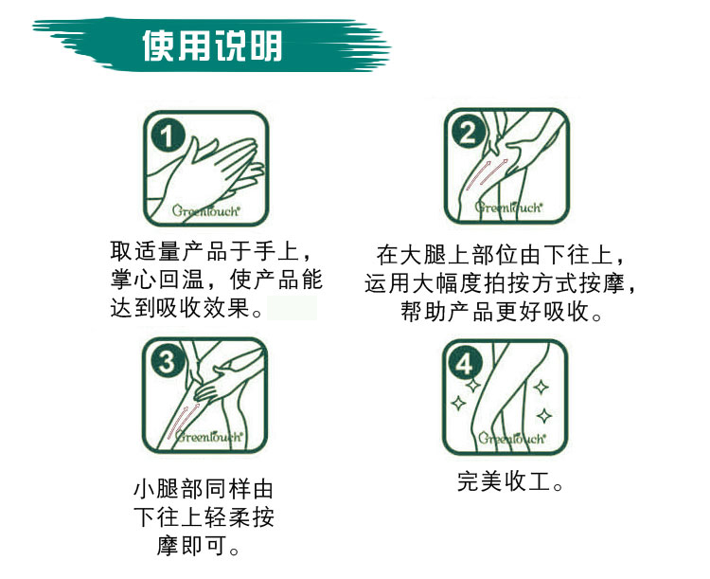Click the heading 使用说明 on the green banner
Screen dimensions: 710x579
pyautogui.click(x=212, y=45)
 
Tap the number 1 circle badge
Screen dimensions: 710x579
pyautogui.click(x=168, y=136)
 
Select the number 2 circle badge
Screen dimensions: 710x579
pyautogui.click(x=469, y=133)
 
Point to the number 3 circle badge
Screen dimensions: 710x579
pyautogui.click(x=167, y=361)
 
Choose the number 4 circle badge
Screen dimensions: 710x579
pyautogui.click(x=466, y=364)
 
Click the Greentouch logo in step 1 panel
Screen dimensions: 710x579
pyautogui.click(x=205, y=210)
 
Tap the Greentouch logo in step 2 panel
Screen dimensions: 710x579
pyautogui.click(x=508, y=208)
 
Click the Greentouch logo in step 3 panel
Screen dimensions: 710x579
pyautogui.click(x=209, y=436)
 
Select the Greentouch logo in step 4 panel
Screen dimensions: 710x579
pyautogui.click(x=511, y=439)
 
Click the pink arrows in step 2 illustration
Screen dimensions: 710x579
pyautogui.click(x=487, y=174)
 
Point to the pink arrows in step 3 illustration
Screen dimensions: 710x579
pyautogui.click(x=183, y=421)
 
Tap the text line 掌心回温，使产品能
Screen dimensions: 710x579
pyautogui.click(x=217, y=280)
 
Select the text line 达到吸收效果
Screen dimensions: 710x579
pyautogui.click(x=186, y=308)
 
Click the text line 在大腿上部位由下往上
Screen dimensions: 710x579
pyautogui.click(x=501, y=254)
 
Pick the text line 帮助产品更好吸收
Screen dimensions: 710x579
pyautogui.click(x=501, y=312)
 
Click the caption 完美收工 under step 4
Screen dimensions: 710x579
pyautogui.click(x=510, y=481)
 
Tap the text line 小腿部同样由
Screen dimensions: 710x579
pyautogui.click(x=204, y=489)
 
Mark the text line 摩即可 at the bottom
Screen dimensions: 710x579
pyautogui.click(x=198, y=546)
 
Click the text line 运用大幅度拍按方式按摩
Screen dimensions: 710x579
pyautogui.click(x=501, y=283)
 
